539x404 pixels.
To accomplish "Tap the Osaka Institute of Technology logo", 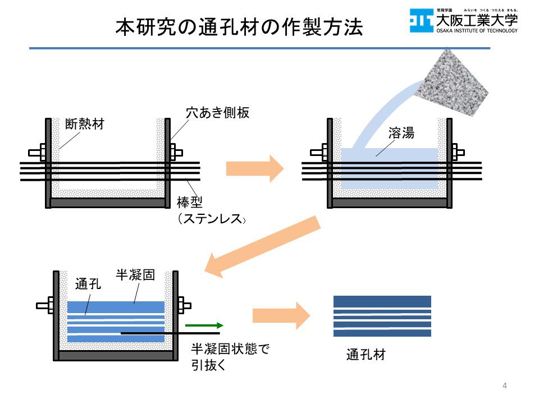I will click(463, 21).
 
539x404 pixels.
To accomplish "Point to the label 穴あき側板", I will click(217, 113).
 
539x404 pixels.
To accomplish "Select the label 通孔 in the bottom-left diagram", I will click(88, 284).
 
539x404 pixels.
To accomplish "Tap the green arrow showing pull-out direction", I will click(204, 325).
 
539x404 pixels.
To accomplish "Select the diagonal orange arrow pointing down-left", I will click(263, 247).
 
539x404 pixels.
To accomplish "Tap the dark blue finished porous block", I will click(382, 316).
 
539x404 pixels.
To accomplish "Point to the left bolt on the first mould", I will click(37, 151).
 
